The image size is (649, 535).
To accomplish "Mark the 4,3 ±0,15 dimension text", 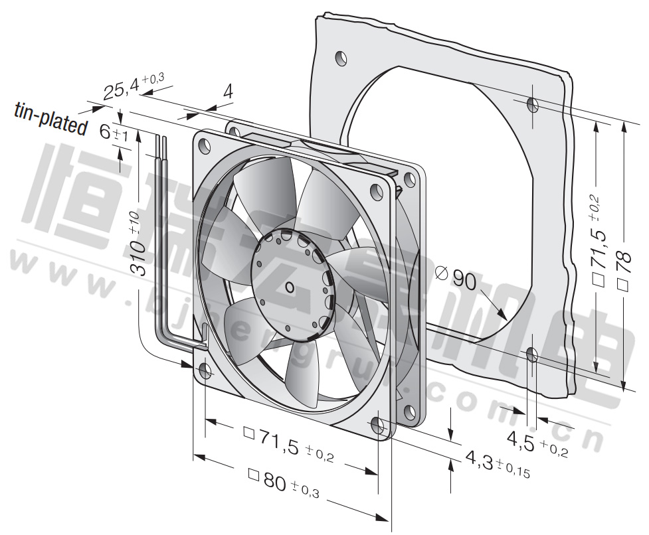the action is tap(498, 464).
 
